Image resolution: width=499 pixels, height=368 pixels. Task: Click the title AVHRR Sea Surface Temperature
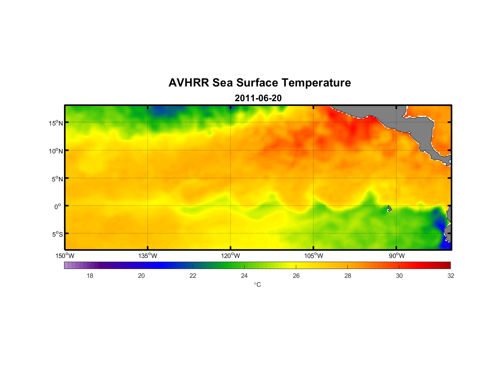click(259, 83)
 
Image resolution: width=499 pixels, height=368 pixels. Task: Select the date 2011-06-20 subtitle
click(258, 98)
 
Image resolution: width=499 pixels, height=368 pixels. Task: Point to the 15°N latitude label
click(56, 123)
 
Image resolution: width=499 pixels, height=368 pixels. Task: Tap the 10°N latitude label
click(56, 151)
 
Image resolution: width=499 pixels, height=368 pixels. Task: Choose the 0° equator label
click(58, 207)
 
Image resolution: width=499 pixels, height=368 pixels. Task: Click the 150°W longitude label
click(65, 256)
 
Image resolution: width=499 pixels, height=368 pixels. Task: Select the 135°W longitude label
click(148, 256)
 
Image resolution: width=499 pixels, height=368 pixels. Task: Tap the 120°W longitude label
click(231, 256)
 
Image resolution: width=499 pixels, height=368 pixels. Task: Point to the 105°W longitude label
click(314, 256)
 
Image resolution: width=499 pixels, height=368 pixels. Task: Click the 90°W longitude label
click(397, 256)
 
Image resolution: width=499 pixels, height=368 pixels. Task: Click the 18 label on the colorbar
click(90, 276)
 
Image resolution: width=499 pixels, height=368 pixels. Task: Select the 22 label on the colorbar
click(193, 276)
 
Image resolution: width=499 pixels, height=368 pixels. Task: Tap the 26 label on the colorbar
click(296, 276)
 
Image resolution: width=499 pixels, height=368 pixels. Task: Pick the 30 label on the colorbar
click(399, 276)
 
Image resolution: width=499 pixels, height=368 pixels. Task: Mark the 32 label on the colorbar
click(451, 276)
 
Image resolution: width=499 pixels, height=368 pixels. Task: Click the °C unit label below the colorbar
click(257, 284)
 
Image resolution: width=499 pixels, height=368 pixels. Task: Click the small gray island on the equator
click(389, 209)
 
